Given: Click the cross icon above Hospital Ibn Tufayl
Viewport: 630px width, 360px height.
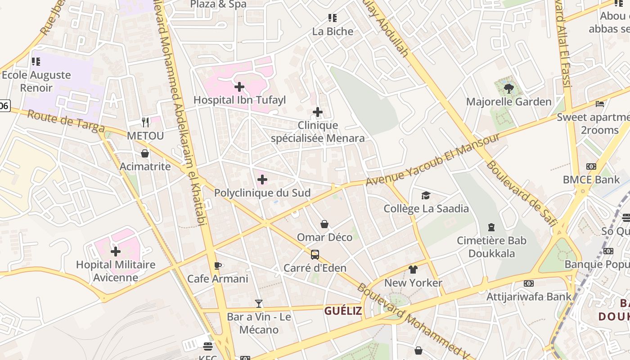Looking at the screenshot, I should pyautogui.click(x=239, y=86).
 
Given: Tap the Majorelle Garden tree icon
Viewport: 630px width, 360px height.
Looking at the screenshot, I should pyautogui.click(x=509, y=89).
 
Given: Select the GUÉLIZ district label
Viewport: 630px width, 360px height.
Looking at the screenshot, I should pyautogui.click(x=343, y=311).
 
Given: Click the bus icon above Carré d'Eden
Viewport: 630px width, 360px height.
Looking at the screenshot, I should pyautogui.click(x=315, y=255).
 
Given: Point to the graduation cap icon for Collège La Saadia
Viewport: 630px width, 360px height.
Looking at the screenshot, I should pyautogui.click(x=426, y=195).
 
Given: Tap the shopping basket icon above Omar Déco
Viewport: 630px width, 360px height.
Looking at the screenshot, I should pyautogui.click(x=324, y=224).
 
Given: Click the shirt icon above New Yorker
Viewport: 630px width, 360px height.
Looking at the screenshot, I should pyautogui.click(x=413, y=270).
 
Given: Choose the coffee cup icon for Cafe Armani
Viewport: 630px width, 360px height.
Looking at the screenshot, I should pyautogui.click(x=218, y=265).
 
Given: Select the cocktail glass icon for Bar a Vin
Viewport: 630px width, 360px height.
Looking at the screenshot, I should pyautogui.click(x=259, y=304).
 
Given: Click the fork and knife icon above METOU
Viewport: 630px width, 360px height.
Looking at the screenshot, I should pyautogui.click(x=145, y=122).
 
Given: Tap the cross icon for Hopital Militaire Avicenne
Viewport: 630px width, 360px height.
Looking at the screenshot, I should pyautogui.click(x=116, y=252).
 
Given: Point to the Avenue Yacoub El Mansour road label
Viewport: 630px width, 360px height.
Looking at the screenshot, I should pyautogui.click(x=432, y=160).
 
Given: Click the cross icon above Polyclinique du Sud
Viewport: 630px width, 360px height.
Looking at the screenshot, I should pyautogui.click(x=262, y=180).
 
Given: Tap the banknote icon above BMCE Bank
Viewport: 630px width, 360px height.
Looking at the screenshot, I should pyautogui.click(x=591, y=166).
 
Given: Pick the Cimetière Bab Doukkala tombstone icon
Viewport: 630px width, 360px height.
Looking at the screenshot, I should pyautogui.click(x=491, y=227).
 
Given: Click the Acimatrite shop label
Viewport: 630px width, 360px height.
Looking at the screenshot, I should pyautogui.click(x=145, y=166).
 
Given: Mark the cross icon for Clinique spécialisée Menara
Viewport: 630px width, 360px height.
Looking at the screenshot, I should pyautogui.click(x=318, y=112).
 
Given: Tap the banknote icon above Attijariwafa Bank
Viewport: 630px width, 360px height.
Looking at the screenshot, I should pyautogui.click(x=529, y=283).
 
